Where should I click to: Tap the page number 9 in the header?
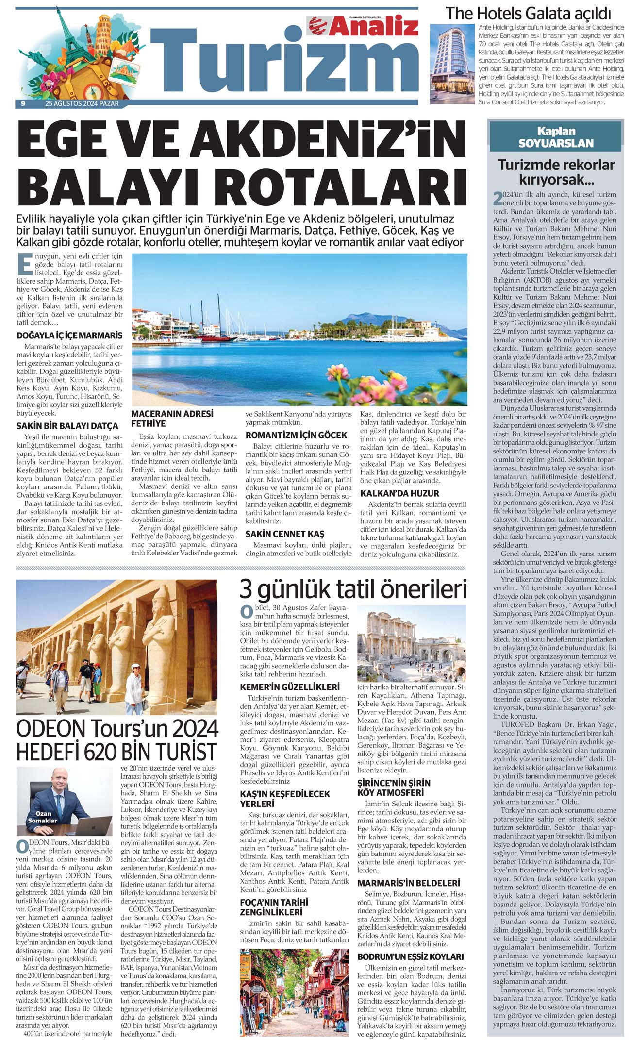(23, 103)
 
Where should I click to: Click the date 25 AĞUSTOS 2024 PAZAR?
(82, 103)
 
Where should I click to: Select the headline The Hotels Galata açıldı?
(528, 13)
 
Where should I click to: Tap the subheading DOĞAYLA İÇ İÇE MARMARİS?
(69, 335)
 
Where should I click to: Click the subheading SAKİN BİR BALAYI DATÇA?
(67, 426)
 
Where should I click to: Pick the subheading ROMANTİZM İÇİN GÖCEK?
(296, 435)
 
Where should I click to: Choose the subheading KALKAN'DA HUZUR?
(399, 493)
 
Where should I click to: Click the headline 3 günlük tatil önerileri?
(353, 589)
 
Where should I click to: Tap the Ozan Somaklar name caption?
(46, 817)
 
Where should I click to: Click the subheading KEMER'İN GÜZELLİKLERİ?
(290, 687)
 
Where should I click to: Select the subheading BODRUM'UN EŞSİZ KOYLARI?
(411, 956)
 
